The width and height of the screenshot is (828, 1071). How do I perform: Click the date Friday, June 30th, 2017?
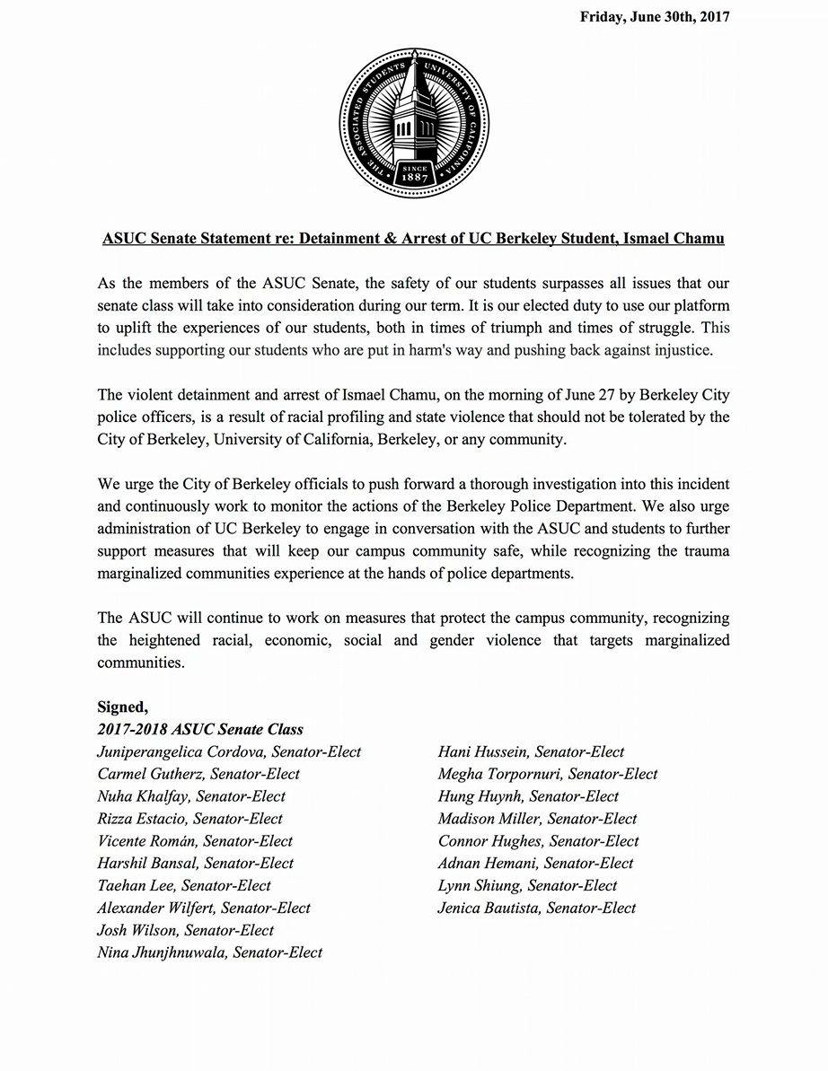pos(655,17)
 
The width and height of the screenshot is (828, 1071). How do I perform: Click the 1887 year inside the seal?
pos(414,177)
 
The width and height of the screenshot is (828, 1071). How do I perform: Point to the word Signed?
pos(123,707)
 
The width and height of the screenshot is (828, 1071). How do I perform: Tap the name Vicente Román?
pos(148,841)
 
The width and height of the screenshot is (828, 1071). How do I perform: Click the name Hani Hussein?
pos(480,751)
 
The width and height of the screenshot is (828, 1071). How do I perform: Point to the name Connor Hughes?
pos(490,841)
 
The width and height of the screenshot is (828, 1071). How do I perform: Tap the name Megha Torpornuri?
pos(502,774)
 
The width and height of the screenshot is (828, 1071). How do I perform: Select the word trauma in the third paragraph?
pos(706,550)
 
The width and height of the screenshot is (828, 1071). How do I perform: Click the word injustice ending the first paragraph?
pos(683,351)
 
